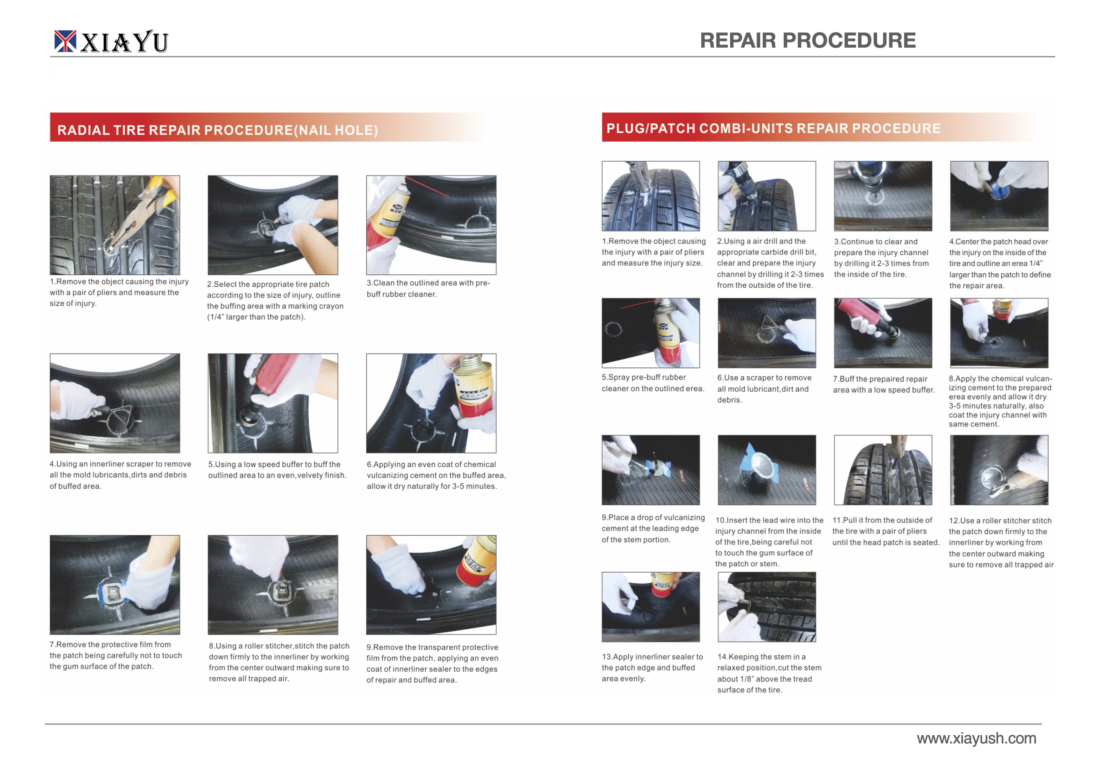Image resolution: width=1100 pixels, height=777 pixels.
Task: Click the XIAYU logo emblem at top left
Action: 65,41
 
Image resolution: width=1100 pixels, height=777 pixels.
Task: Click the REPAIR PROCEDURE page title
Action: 808,41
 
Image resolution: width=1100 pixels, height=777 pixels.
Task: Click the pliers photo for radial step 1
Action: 115,225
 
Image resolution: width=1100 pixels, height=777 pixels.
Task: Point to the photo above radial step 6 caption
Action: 431,403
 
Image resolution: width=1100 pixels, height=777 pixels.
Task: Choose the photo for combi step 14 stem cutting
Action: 767,606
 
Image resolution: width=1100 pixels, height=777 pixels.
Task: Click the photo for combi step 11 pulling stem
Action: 883,470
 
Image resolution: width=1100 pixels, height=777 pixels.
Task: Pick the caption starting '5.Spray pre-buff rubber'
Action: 653,383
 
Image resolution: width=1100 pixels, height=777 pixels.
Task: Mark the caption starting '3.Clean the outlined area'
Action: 428,289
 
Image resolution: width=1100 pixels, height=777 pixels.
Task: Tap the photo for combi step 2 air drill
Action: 767,196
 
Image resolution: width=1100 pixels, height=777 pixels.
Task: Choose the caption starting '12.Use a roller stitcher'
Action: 1001,543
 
